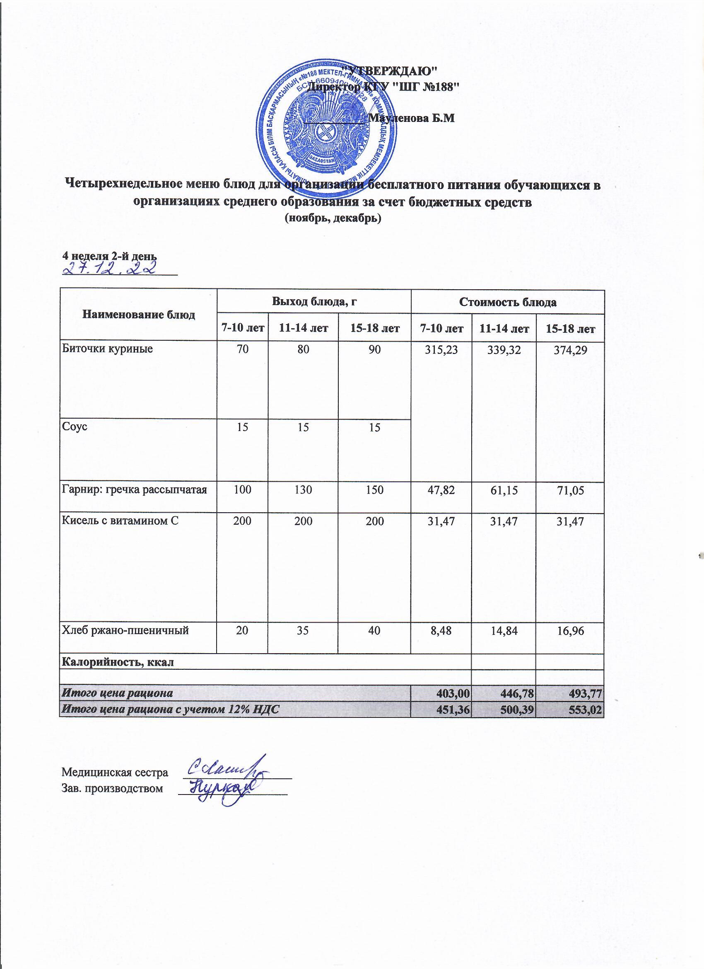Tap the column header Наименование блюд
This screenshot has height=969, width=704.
[138, 315]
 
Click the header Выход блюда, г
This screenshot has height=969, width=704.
[314, 302]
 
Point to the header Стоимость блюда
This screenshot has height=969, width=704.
[507, 303]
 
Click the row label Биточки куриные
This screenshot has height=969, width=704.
[108, 349]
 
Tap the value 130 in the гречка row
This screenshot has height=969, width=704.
[303, 489]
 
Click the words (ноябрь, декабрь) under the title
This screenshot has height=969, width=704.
[332, 218]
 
